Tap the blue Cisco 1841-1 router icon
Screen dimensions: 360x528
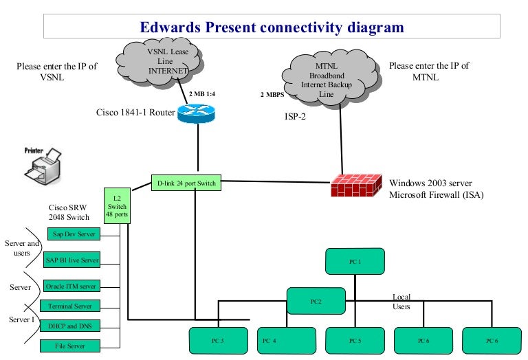(195, 113)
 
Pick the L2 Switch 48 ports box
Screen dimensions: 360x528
(115, 205)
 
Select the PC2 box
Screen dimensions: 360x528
(316, 300)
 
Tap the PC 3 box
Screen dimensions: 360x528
(217, 341)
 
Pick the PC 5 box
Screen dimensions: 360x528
(354, 341)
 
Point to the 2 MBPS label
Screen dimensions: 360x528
(272, 94)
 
